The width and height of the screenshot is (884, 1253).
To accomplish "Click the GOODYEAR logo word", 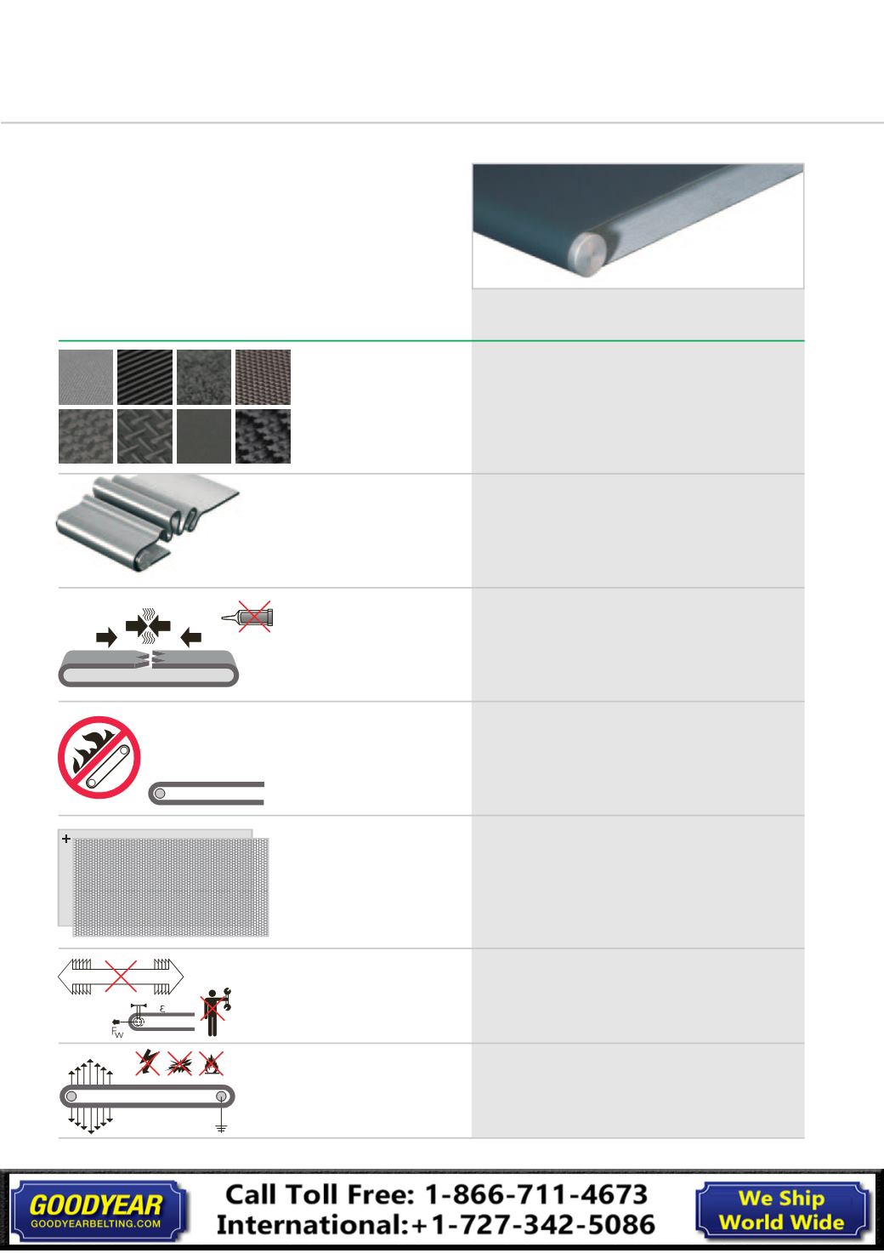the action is coord(95,1205).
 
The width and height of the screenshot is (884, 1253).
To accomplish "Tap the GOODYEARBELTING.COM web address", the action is coord(95,1223).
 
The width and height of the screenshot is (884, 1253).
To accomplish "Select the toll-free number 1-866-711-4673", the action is coord(535,1195).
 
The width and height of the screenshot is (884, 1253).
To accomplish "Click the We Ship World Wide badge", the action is coord(781,1210).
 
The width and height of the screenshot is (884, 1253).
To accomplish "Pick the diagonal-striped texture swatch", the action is coord(144,377).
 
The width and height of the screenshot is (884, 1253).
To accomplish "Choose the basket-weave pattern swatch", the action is coord(144,436).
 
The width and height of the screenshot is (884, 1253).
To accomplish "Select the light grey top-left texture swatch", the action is coord(86,377).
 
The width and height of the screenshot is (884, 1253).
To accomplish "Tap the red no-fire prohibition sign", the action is coord(99,757).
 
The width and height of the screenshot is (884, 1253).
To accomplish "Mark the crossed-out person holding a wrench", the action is coord(215,1011).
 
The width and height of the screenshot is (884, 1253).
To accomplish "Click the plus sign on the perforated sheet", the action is coord(66,839).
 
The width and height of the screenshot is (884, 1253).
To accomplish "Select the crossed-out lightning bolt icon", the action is coord(148,1062).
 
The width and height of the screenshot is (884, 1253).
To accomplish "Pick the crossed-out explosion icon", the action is coord(179,1062).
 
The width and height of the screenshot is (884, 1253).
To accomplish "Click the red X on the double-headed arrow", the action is coord(121,976).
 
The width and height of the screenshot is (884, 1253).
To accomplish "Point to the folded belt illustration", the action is coord(148,522).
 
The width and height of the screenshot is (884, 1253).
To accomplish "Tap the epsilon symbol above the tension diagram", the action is coord(162,1009).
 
